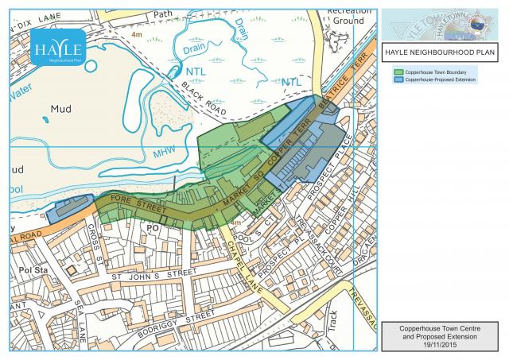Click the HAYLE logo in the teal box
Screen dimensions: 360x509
click(55, 48)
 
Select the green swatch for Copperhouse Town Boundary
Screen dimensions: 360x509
click(398, 72)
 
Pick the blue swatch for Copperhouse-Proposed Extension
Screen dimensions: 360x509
click(398, 80)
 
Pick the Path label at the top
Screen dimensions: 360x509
click(162, 14)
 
